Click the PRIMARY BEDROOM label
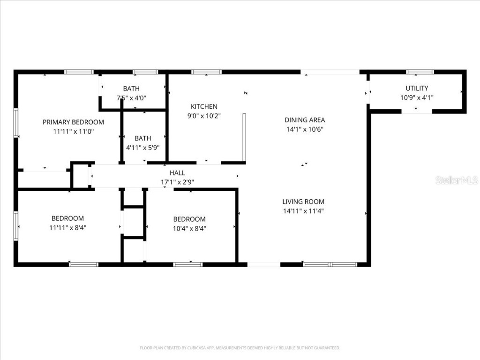pyautogui.click(x=73, y=122)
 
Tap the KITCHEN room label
pyautogui.click(x=204, y=106)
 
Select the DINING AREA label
pyautogui.click(x=305, y=120)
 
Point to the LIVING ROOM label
pyautogui.click(x=303, y=202)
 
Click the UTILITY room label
pyautogui.click(x=417, y=88)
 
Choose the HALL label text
pyautogui.click(x=177, y=173)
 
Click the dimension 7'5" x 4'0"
pyautogui.click(x=131, y=98)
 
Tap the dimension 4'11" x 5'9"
pyautogui.click(x=143, y=147)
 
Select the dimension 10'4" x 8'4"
pyautogui.click(x=189, y=228)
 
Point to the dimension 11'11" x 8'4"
pyautogui.click(x=68, y=227)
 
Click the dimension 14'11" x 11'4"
pyautogui.click(x=303, y=211)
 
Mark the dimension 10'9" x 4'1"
pyautogui.click(x=417, y=97)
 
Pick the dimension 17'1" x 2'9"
pyautogui.click(x=177, y=182)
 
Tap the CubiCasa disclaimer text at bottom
pyautogui.click(x=240, y=348)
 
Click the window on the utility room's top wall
pyautogui.click(x=420, y=72)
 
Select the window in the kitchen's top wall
pyautogui.click(x=206, y=72)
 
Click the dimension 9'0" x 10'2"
pyautogui.click(x=204, y=116)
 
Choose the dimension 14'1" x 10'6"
pyautogui.click(x=305, y=129)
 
